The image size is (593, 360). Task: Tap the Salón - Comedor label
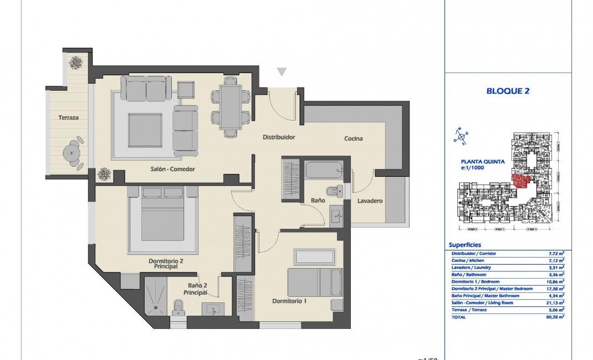coord(172,169)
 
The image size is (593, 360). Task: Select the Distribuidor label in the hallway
coord(279,137)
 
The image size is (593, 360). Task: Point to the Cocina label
coord(354,138)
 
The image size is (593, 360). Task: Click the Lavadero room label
coord(370,200)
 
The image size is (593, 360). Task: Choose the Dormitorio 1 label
coord(289,301)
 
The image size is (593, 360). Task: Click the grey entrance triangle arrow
coord(282,72)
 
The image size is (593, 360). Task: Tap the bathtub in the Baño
coord(324,169)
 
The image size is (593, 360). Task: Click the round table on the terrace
coord(71,150)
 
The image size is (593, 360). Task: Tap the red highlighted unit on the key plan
coord(520,181)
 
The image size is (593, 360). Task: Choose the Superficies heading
coord(464,245)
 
